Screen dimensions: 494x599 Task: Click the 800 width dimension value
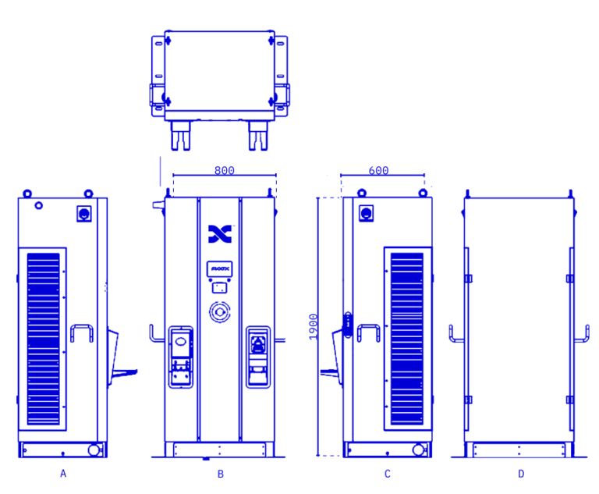pyautogui.click(x=224, y=170)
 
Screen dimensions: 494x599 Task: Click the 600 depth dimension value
pyautogui.click(x=378, y=171)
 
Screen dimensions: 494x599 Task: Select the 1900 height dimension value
pyautogui.click(x=313, y=326)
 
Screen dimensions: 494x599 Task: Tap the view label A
pyautogui.click(x=63, y=473)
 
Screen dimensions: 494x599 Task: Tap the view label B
pyautogui.click(x=221, y=473)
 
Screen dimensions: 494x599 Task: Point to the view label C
pyautogui.click(x=387, y=473)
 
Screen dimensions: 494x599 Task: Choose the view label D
pyautogui.click(x=521, y=473)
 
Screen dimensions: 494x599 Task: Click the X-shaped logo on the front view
pyautogui.click(x=220, y=233)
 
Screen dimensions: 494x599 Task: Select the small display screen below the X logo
pyautogui.click(x=219, y=269)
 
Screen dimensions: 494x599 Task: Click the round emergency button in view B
pyautogui.click(x=219, y=311)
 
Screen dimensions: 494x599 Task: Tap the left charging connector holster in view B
pyautogui.click(x=181, y=356)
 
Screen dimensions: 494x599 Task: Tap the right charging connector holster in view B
pyautogui.click(x=258, y=356)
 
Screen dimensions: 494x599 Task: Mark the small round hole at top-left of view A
pyautogui.click(x=37, y=207)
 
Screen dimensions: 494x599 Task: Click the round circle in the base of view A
pyautogui.click(x=94, y=450)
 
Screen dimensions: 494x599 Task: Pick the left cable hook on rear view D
pyautogui.click(x=455, y=334)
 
